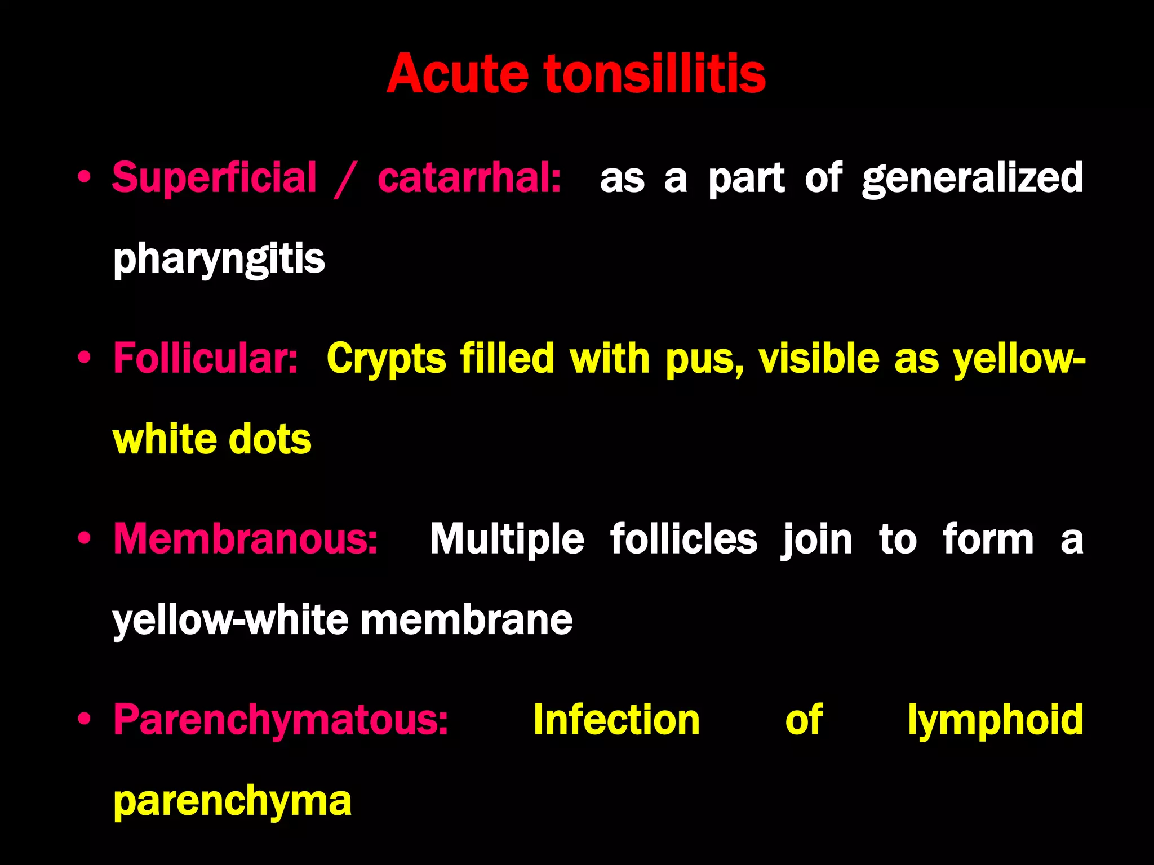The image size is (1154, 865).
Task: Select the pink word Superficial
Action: [x=214, y=178]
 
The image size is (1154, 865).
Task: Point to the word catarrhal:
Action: [x=469, y=178]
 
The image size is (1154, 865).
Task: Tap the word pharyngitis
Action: [x=219, y=260]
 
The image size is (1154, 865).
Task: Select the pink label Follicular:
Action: [x=205, y=358]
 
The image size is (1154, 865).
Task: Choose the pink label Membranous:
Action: [x=245, y=539]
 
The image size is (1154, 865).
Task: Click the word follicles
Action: [x=683, y=539]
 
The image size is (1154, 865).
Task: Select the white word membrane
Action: [x=466, y=620]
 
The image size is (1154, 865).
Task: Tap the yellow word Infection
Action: [x=616, y=720]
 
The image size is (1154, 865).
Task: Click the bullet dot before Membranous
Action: [x=85, y=538]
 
